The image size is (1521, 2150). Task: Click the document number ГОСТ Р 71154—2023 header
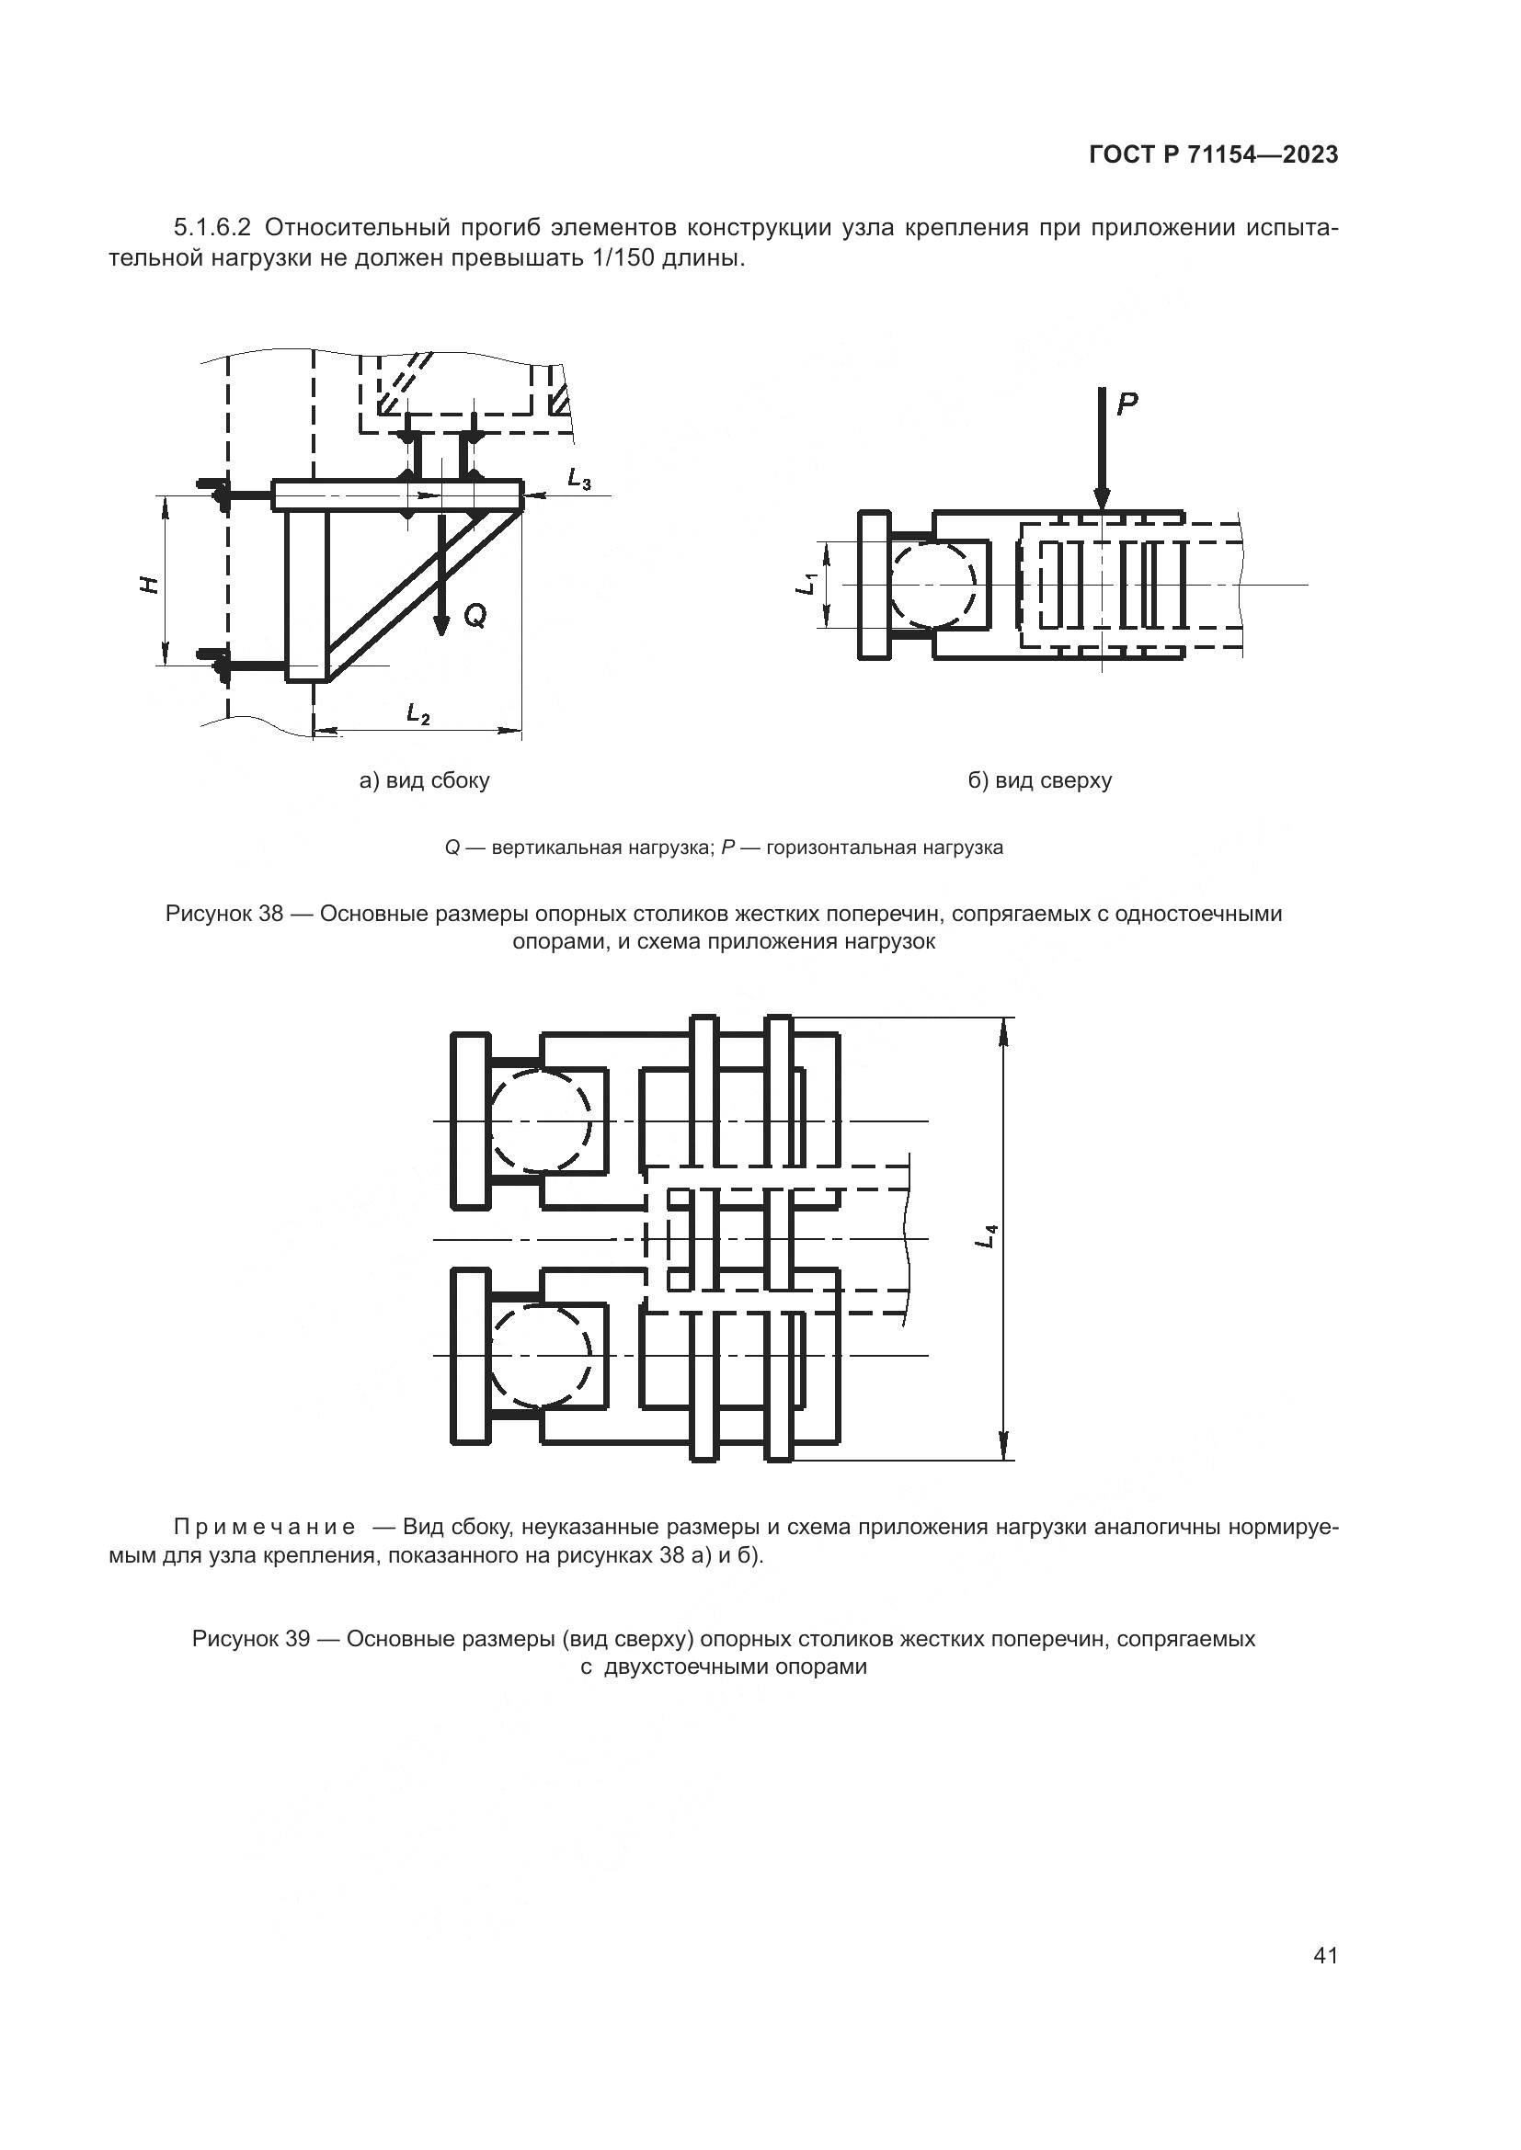click(1213, 155)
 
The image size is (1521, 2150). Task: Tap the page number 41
click(1325, 1955)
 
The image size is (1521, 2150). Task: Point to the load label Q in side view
click(475, 615)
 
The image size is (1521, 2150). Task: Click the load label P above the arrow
click(1126, 404)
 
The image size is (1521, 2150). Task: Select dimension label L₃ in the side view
click(579, 480)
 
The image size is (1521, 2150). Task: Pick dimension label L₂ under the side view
click(417, 713)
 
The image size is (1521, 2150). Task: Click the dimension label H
click(148, 584)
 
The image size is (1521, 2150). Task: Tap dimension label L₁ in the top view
click(806, 585)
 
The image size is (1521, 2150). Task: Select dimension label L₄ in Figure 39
click(987, 1235)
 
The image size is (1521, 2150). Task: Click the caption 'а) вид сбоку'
click(424, 780)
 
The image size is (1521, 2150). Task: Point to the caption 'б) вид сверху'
click(1040, 780)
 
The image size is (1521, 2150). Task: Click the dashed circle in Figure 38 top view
click(934, 585)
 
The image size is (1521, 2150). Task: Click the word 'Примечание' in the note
click(264, 1527)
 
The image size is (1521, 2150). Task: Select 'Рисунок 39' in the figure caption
click(250, 1638)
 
